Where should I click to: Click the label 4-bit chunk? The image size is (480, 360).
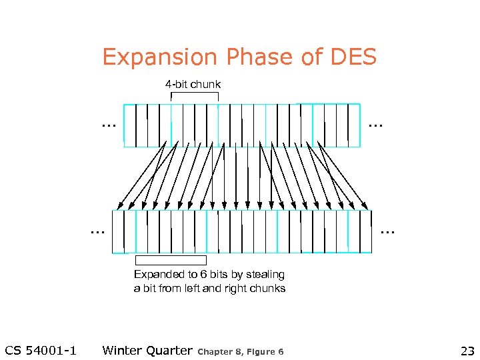click(193, 84)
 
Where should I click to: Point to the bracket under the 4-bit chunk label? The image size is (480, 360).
click(195, 94)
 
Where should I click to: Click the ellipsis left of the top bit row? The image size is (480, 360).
click(107, 124)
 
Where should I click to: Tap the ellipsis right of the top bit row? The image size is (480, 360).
click(375, 124)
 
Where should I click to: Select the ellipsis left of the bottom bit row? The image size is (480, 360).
click(98, 231)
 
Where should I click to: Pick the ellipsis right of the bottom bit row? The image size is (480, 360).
click(387, 231)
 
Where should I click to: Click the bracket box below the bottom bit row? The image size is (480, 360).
click(171, 260)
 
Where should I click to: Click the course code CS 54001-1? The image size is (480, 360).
click(41, 351)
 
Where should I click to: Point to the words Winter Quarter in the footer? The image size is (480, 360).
click(147, 351)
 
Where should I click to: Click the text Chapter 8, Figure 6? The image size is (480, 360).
click(241, 351)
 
